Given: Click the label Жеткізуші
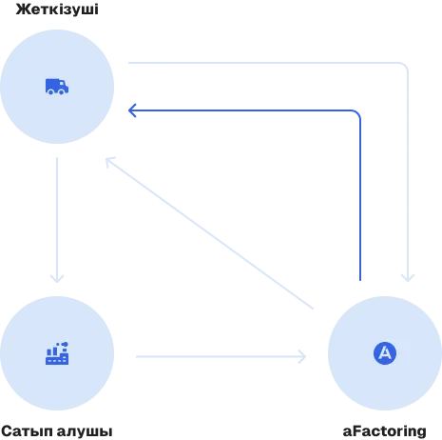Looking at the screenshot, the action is point(57,10).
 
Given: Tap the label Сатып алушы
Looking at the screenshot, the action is point(57,431).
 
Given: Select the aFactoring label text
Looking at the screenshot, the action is point(385,431).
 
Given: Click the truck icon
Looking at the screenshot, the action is point(57,87).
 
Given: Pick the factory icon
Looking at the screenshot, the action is point(57,353).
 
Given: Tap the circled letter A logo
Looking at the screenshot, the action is point(385,353).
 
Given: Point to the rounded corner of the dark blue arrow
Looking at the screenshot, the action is point(357,113).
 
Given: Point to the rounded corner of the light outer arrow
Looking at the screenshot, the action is point(405,66).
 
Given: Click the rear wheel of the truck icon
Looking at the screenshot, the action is point(50,92).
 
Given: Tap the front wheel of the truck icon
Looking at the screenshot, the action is point(62,92).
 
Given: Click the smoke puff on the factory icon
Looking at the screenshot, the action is point(65,344).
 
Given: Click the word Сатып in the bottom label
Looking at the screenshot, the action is point(28,432).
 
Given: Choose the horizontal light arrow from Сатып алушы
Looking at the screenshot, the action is point(221,357).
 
